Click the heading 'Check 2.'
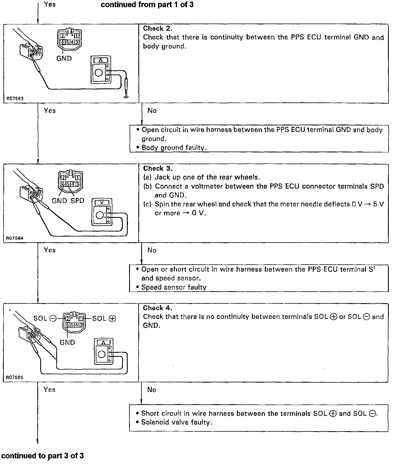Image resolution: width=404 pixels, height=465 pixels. click(x=158, y=28)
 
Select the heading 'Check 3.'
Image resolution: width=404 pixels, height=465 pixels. click(x=158, y=168)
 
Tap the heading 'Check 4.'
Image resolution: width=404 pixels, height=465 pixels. click(x=158, y=308)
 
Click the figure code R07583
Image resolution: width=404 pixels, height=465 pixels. click(x=15, y=98)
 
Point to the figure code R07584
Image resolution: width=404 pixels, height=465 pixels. click(x=15, y=238)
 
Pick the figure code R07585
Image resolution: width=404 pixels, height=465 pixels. click(x=15, y=378)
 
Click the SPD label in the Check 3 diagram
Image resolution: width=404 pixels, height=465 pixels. click(x=77, y=201)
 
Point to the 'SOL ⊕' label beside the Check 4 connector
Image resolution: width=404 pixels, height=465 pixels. click(x=104, y=318)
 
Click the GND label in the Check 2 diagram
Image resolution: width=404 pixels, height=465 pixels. click(x=64, y=58)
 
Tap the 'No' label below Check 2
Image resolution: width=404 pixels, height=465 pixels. click(x=152, y=111)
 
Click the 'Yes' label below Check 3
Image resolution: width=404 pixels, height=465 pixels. click(x=50, y=250)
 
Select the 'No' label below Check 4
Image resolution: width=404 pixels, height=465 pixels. click(x=151, y=390)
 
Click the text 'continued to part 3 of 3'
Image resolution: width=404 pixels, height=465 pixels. click(x=42, y=456)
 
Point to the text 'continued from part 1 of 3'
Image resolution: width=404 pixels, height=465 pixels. click(x=147, y=5)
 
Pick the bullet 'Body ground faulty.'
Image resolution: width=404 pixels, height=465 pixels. click(x=174, y=148)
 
